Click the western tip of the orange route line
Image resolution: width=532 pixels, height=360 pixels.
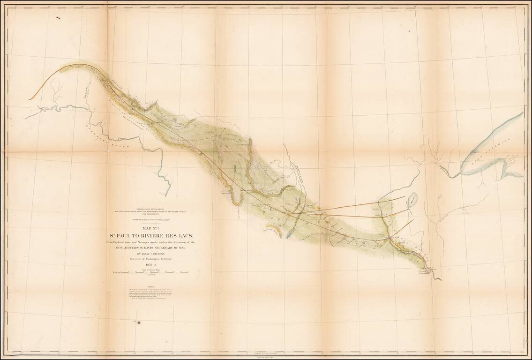(x=29, y=99)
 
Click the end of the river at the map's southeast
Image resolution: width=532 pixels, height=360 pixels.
(x=440, y=280)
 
